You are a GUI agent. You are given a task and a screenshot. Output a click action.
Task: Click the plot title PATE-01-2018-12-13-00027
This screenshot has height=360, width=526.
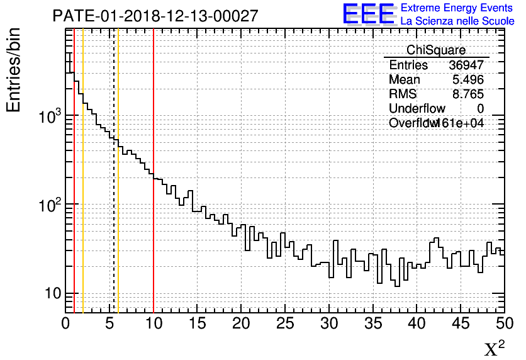point(155,16)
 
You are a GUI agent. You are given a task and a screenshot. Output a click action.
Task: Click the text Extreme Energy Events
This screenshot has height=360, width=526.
point(457,8)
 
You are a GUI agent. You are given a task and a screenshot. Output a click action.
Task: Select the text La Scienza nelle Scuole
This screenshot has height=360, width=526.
point(457,21)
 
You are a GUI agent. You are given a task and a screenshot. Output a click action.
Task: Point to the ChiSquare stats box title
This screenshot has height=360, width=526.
point(436,50)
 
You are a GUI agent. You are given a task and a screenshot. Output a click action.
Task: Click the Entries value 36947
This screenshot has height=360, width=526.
point(466,65)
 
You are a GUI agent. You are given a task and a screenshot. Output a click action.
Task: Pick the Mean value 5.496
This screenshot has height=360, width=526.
point(468,80)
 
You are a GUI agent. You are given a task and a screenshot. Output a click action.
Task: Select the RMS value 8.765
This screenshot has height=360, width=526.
point(468,94)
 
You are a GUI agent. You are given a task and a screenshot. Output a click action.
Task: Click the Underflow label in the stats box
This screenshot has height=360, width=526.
point(417,109)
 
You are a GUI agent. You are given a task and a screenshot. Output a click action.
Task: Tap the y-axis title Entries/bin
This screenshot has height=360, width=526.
point(14,69)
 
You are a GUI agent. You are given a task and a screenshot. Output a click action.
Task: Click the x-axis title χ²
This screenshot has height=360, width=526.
point(494,348)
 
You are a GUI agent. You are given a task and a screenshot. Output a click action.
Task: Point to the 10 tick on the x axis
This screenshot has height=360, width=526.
point(154,323)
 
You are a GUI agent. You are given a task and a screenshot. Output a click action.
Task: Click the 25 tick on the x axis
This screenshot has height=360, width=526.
point(285,323)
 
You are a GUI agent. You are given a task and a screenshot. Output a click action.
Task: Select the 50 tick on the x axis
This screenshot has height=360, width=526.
point(504,323)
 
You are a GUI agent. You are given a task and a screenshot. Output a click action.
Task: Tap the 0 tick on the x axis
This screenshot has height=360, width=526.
point(66,323)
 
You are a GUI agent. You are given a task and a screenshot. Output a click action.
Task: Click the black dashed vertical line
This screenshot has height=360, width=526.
point(114,189)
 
